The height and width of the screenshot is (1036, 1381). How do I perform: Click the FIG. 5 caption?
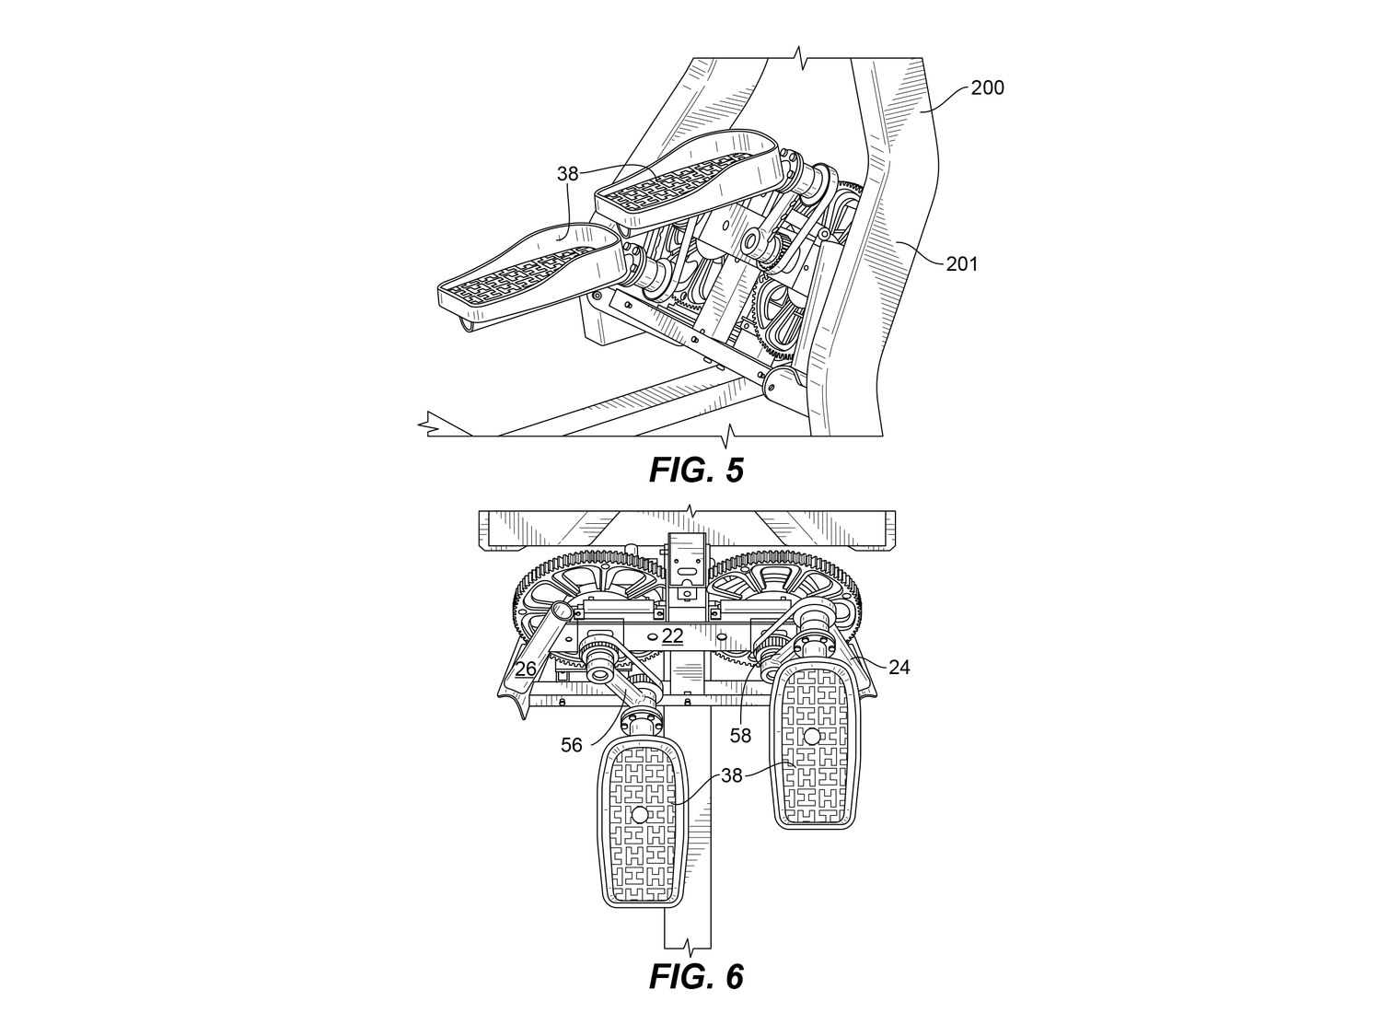(x=696, y=470)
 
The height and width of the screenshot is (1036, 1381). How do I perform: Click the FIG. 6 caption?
(x=696, y=977)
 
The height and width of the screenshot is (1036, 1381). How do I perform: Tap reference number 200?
(x=987, y=87)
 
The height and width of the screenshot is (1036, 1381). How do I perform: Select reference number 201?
(x=962, y=264)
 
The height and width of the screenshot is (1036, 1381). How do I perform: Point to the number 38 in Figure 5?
(x=567, y=174)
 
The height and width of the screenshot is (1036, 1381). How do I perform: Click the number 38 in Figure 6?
(x=732, y=775)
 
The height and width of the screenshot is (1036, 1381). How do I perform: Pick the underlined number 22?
(x=673, y=636)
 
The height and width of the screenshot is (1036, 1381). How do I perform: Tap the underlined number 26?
(x=526, y=669)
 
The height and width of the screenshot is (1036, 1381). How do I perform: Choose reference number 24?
(x=899, y=668)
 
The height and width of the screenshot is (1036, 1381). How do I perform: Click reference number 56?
(x=572, y=745)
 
